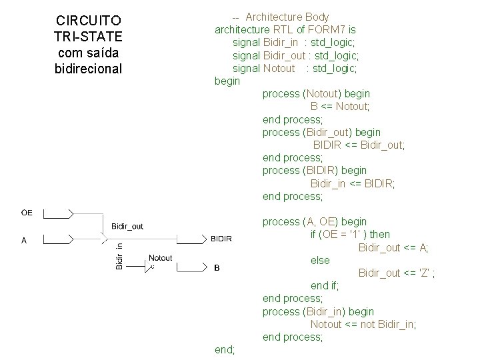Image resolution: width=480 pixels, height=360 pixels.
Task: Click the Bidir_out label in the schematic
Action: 127,226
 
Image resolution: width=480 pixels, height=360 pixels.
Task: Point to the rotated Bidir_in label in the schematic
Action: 119,257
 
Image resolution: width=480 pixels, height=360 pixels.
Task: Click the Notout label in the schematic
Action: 160,258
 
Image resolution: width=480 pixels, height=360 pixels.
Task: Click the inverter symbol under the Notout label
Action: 151,267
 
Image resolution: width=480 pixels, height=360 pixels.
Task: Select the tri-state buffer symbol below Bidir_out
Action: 104,235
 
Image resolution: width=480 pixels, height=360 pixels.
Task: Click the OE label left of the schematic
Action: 27,213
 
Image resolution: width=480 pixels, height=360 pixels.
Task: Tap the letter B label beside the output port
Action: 217,269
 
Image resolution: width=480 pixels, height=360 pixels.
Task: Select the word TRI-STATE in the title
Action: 88,36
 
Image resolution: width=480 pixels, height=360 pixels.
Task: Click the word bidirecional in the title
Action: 88,68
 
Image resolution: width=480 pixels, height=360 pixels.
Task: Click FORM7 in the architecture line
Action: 327,29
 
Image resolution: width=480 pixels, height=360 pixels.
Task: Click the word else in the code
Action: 320,260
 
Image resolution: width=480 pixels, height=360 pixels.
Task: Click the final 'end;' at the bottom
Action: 225,349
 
